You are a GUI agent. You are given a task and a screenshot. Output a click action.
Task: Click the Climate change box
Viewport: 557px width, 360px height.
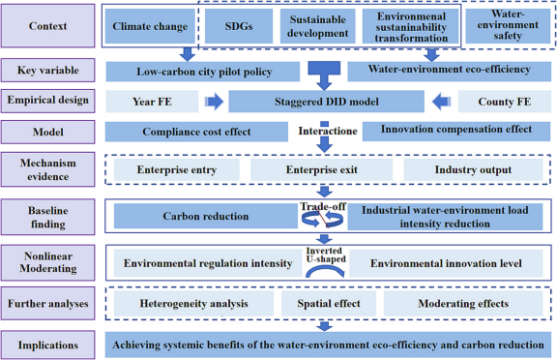pos(150,26)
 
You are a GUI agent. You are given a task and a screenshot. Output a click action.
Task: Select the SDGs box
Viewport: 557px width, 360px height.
pos(239,26)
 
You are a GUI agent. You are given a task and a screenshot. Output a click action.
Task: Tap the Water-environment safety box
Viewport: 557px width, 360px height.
pos(508,25)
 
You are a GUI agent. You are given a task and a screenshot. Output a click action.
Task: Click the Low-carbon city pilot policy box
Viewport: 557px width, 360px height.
pos(203,72)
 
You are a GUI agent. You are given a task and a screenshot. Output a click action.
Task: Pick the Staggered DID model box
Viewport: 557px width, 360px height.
pos(326,102)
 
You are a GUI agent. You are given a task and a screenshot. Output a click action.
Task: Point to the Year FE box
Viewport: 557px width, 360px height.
pos(152,102)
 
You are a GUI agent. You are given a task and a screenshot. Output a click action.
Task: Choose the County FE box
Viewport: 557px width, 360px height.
pos(505,102)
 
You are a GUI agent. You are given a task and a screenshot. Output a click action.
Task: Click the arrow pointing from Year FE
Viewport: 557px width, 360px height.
pos(215,102)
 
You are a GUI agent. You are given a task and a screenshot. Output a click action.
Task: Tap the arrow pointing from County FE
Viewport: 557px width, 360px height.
pos(441,102)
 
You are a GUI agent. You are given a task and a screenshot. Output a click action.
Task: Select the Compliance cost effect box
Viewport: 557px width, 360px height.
pos(196,132)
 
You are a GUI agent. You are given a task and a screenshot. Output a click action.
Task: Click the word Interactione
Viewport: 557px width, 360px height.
pos(328,132)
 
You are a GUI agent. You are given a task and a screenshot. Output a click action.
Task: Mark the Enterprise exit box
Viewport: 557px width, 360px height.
pos(321,170)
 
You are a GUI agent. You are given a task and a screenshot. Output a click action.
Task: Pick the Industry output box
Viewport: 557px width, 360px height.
pos(473,170)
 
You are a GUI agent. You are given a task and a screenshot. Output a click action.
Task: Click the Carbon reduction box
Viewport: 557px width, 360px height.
pos(206,216)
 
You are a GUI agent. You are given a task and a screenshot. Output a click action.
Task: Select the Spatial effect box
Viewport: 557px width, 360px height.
pos(329,304)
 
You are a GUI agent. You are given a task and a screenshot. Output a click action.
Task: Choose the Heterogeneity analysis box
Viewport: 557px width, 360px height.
pos(193,304)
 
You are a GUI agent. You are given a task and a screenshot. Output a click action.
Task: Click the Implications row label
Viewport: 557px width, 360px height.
pos(48,345)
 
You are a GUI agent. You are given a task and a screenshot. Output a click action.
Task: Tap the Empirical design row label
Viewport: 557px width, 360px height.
pos(48,101)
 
